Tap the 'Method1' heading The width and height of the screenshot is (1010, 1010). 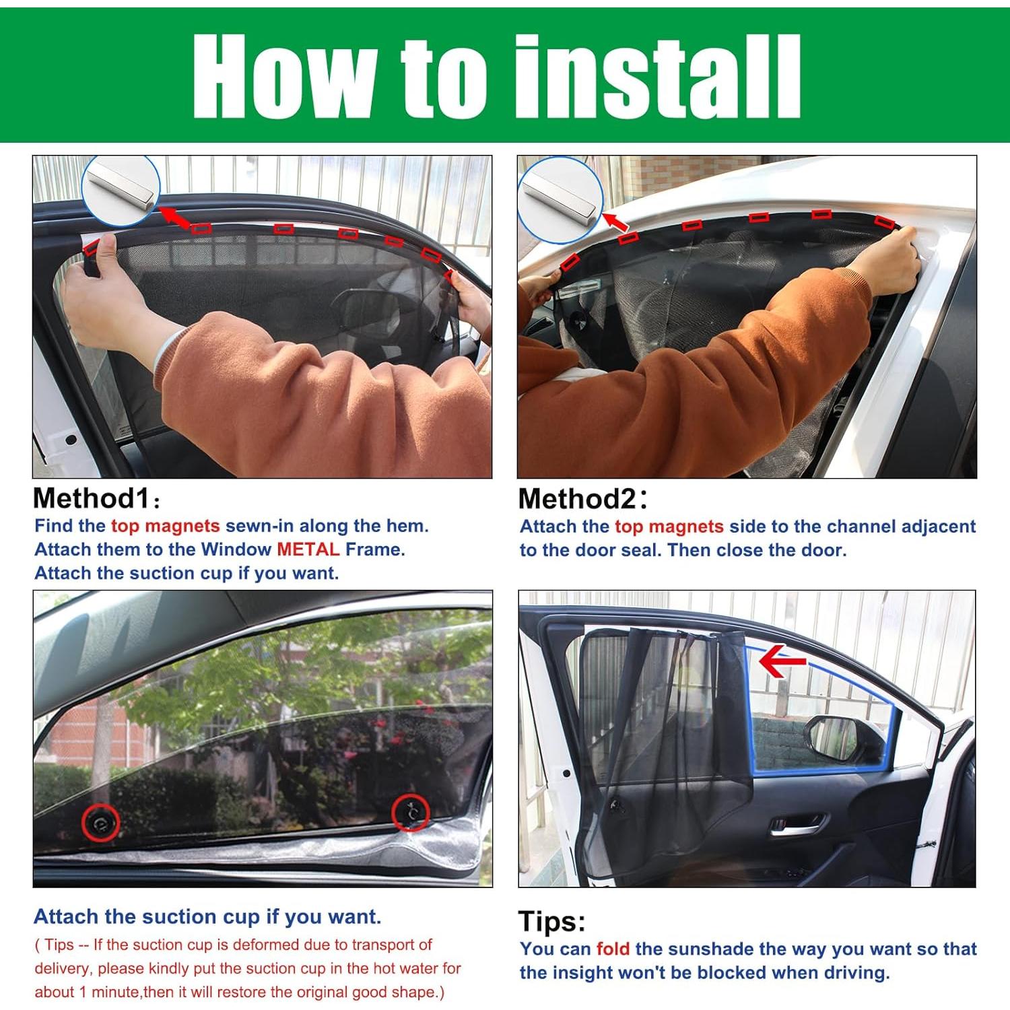[x=90, y=499]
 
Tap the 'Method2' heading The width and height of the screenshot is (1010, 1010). [x=577, y=500]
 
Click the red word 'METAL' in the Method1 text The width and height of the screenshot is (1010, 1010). [x=308, y=549]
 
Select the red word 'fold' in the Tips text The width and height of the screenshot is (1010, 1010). [x=613, y=949]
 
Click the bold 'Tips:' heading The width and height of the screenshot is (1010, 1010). [x=552, y=921]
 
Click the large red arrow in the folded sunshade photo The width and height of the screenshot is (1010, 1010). [x=781, y=660]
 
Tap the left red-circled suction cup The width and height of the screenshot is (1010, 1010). [x=101, y=821]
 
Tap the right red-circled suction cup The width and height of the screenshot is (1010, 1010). [x=410, y=812]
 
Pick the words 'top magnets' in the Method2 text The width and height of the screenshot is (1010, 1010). [x=669, y=527]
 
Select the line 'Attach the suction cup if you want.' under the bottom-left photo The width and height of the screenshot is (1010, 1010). [x=207, y=917]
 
